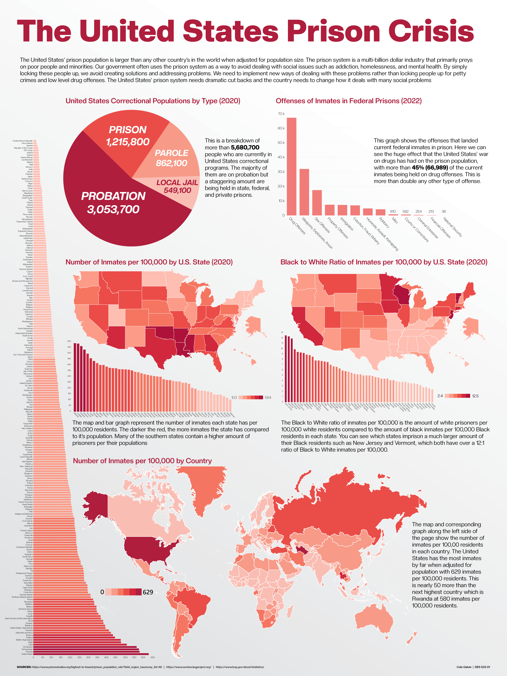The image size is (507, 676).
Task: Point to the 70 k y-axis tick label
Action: click(281, 114)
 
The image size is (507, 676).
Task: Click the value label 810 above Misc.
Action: click(393, 211)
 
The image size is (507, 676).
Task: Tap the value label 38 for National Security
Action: click(444, 211)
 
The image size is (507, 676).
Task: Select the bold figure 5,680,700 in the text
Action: click(245, 148)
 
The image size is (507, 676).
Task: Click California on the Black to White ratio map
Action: click(307, 324)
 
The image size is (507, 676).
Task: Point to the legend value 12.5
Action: click(475, 396)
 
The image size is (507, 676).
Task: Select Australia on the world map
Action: click(376, 619)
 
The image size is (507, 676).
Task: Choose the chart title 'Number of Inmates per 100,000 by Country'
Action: click(142, 461)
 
